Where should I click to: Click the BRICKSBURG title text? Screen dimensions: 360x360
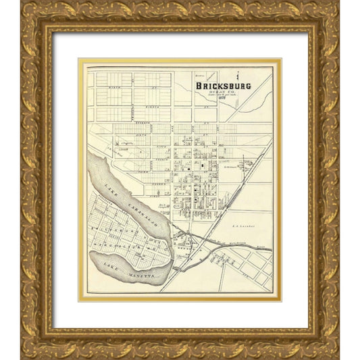tap(223, 86)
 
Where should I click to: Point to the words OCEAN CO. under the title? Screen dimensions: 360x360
tap(224, 93)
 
